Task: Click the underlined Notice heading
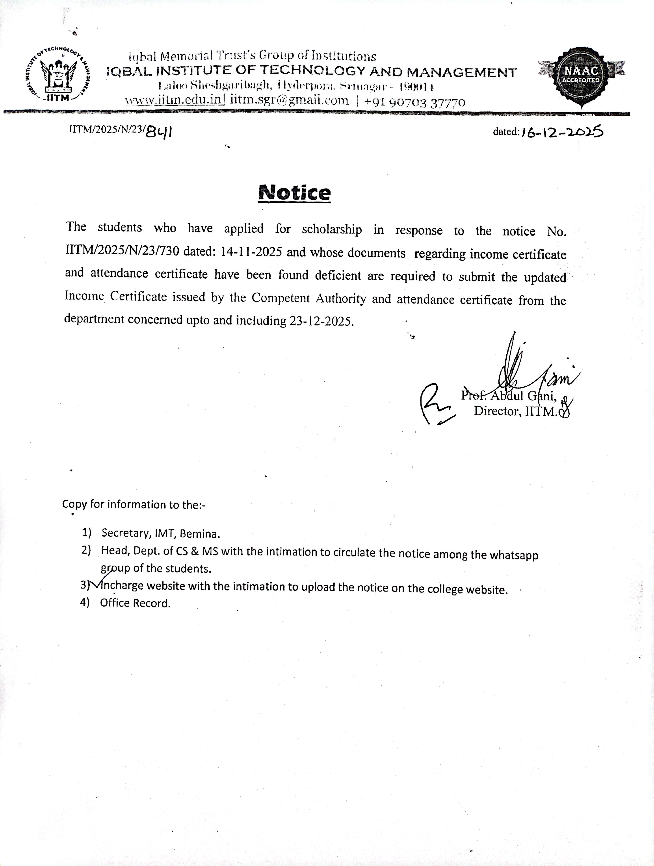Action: click(294, 193)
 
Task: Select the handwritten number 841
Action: click(159, 132)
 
